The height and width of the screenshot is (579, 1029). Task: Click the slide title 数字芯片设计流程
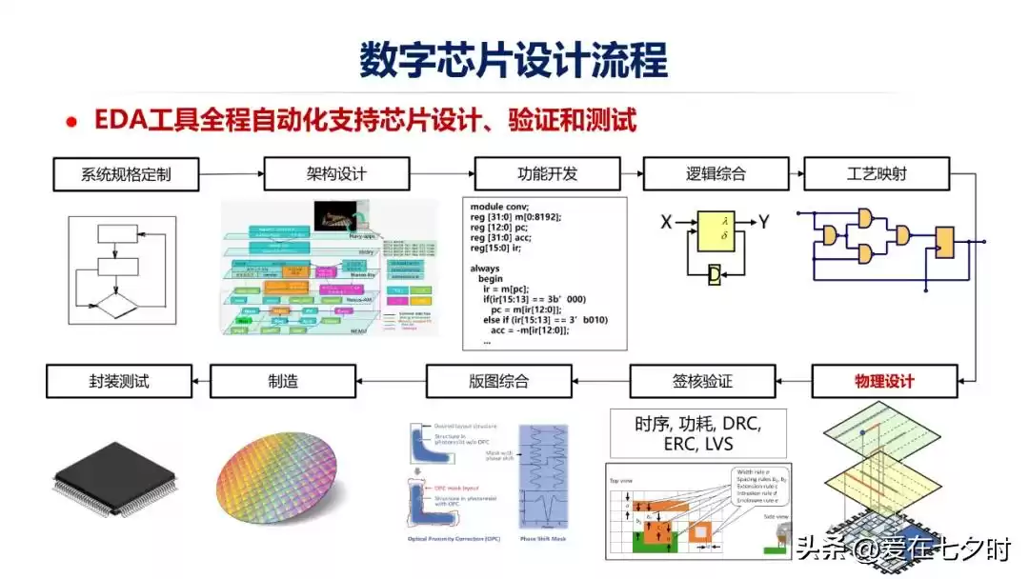(514, 59)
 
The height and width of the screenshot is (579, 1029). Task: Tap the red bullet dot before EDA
(71, 123)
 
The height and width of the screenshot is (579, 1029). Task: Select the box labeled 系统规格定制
(126, 174)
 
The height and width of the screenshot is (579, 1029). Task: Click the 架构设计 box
(336, 174)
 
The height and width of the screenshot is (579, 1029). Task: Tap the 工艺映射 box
(878, 174)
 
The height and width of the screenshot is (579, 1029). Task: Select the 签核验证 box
(696, 382)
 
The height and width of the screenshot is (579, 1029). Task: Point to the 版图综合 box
(498, 382)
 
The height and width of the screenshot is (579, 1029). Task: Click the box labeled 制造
(282, 382)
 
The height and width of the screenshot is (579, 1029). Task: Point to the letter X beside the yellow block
(667, 223)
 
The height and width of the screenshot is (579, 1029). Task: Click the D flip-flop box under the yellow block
(715, 275)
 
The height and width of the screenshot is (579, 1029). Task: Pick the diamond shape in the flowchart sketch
(112, 309)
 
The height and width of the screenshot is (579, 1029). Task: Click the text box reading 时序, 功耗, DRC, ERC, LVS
(697, 433)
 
